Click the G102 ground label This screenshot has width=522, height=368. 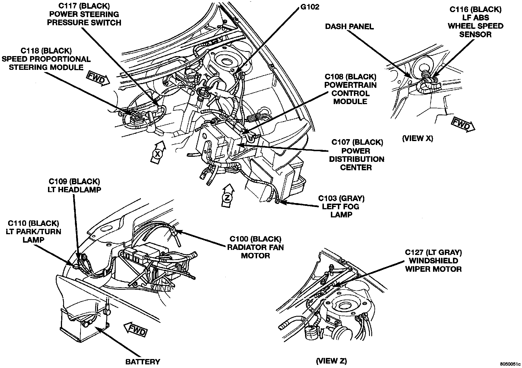coord(310,6)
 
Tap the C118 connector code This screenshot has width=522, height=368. coord(30,51)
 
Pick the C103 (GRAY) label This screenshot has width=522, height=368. coord(341,199)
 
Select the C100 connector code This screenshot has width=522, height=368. coord(239,239)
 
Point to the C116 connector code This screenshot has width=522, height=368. coord(459,9)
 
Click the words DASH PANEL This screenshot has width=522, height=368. coord(349,27)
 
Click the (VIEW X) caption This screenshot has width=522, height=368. coord(417,138)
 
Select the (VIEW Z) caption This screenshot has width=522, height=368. coord(331,360)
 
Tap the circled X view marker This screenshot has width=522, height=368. coord(157,153)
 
